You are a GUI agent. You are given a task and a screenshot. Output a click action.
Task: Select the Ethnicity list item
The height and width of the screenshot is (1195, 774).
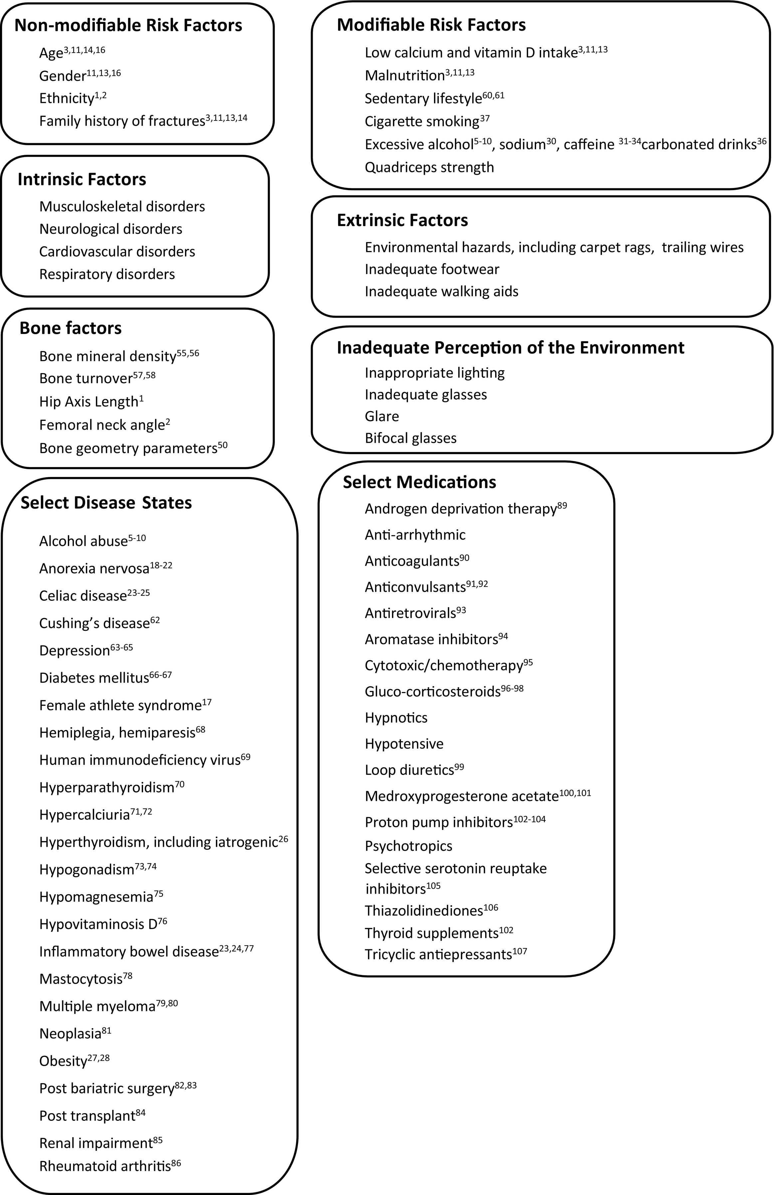coord(67,99)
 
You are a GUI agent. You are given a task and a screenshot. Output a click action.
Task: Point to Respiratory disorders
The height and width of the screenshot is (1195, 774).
coord(107,275)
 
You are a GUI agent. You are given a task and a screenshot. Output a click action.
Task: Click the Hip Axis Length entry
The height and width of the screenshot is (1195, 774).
coord(88,402)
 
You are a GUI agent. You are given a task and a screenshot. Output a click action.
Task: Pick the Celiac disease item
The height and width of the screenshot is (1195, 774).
coord(83,596)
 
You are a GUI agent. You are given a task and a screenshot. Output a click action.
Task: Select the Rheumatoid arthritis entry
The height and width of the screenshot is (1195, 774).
coord(105,1166)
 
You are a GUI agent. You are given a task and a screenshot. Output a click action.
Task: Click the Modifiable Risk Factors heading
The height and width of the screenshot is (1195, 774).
coord(431,25)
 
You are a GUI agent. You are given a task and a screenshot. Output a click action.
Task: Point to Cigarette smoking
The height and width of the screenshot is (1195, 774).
coord(422,121)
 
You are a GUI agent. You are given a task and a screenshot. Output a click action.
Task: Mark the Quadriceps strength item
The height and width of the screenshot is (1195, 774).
coord(429,167)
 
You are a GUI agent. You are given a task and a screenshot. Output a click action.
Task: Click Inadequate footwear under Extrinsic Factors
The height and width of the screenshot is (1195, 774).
coord(432,270)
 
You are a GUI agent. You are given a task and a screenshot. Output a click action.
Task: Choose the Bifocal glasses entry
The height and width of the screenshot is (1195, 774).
coord(411,438)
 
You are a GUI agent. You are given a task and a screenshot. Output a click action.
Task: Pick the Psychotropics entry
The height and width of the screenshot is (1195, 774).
coord(408,846)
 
